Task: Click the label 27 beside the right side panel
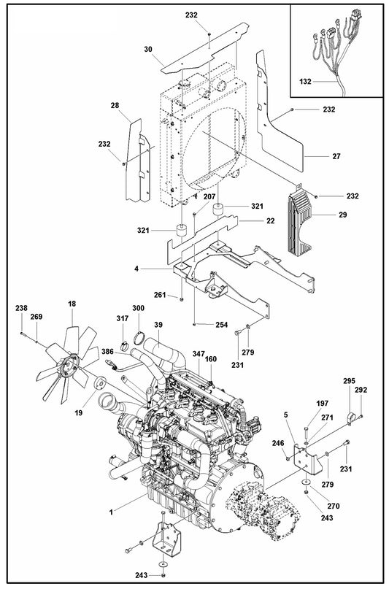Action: click(x=316, y=156)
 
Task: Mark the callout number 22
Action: click(x=270, y=220)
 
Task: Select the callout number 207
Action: click(x=209, y=198)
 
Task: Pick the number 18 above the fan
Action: click(x=72, y=304)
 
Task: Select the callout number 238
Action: click(x=22, y=309)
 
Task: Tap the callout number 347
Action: click(x=199, y=353)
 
